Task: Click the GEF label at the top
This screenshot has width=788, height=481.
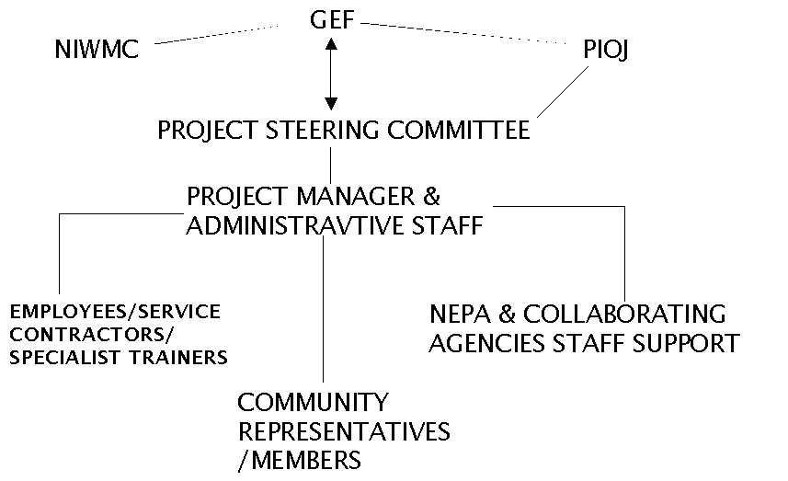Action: [332, 20]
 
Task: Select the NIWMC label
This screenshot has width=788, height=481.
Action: [97, 50]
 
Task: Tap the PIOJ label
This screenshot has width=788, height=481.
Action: [606, 50]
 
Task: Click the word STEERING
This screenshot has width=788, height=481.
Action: [322, 131]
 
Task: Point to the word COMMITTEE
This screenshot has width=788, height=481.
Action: [458, 131]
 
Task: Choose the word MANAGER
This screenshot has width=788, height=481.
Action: [356, 196]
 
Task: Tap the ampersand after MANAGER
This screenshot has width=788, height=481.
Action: [431, 196]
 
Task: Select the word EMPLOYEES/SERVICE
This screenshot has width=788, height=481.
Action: [115, 312]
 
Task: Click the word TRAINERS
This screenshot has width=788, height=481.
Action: [179, 358]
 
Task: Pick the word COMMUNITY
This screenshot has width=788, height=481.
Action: [314, 403]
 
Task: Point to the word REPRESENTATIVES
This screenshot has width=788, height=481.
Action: [344, 431]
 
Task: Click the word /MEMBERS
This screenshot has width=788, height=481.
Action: [300, 461]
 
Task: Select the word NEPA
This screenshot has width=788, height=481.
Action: [460, 315]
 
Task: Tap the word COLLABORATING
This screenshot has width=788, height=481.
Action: [624, 315]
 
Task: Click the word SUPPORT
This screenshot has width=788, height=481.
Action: [686, 343]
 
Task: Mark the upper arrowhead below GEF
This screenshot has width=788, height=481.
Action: [331, 44]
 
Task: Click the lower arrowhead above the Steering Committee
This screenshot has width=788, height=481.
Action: [331, 104]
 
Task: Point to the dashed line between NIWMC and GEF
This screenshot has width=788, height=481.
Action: [217, 35]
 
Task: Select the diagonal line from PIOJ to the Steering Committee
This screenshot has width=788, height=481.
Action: [563, 93]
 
